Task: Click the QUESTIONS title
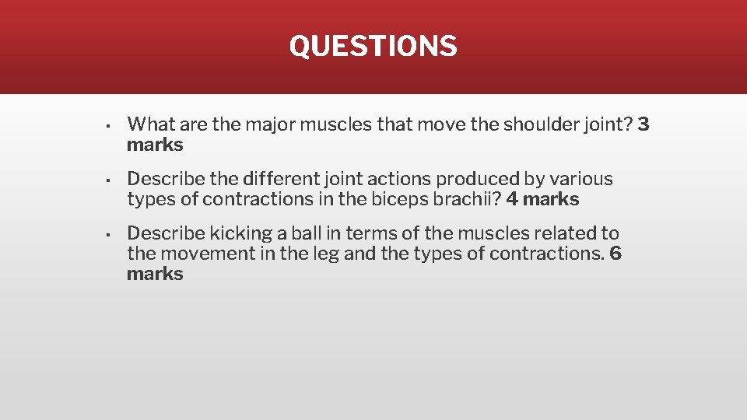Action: tap(373, 46)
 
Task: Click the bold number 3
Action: tap(643, 124)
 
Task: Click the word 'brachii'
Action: tap(468, 199)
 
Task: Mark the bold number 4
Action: tap(512, 199)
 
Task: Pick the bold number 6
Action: tap(615, 254)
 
